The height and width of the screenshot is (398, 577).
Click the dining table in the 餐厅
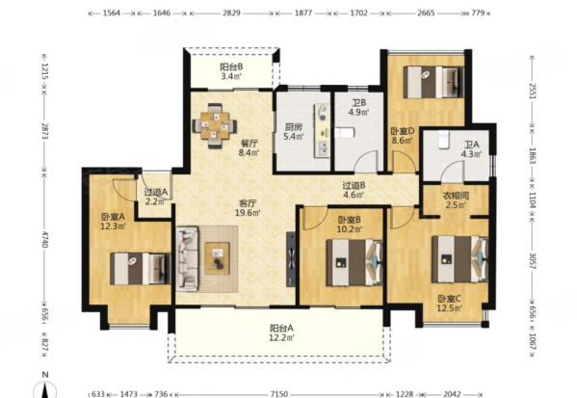coord(215,126)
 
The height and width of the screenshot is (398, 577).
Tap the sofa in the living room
coord(187,258)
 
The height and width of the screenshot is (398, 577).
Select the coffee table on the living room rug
coord(217,258)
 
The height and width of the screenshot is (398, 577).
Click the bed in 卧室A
coord(141,269)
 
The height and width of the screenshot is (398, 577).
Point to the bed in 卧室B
coord(354,262)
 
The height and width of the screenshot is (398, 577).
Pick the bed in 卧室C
coord(460,259)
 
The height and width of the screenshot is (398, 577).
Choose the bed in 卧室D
coord(433,82)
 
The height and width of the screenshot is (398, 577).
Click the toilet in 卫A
coord(444,139)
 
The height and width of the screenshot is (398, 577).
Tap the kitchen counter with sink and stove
coord(322,131)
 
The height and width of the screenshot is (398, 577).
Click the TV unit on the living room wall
coord(291,259)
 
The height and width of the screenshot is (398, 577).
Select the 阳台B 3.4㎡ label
coord(231,72)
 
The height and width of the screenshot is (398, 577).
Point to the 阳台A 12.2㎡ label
coord(281,332)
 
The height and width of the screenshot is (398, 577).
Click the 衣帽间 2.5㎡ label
coord(456,200)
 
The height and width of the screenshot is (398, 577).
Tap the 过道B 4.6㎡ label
coord(354,191)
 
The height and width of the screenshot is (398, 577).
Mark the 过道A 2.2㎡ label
coord(156,197)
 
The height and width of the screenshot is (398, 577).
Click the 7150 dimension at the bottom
coord(278,394)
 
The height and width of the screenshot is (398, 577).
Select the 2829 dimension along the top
coord(231,13)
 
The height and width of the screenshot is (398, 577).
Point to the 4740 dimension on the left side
coord(44,239)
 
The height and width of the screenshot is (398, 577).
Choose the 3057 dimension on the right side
coord(532,260)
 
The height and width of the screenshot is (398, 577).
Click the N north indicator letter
coord(45,375)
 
